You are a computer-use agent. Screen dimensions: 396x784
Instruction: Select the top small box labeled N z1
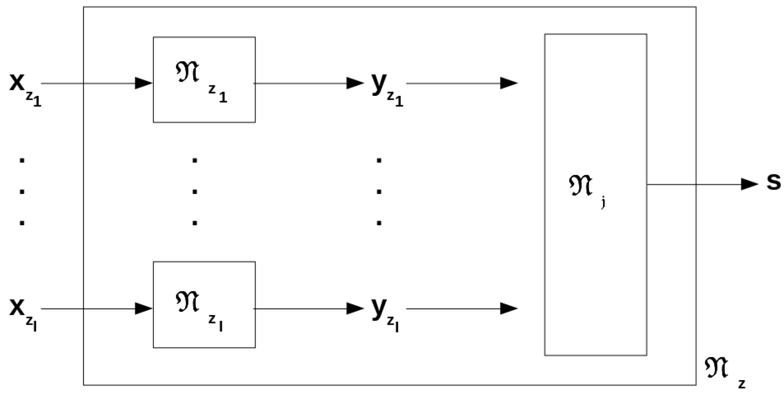point(204,80)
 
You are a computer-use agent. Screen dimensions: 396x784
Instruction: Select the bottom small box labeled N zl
point(204,305)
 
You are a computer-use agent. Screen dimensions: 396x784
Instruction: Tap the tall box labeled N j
point(595,194)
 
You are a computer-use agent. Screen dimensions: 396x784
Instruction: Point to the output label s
point(774,183)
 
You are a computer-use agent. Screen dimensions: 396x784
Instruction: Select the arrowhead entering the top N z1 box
point(144,83)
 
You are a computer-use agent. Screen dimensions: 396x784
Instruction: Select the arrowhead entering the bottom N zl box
point(144,308)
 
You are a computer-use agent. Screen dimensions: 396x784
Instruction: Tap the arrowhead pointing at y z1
point(355,83)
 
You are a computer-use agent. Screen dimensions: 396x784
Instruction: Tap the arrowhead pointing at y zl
point(355,308)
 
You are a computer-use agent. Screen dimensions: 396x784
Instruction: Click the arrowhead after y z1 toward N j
point(509,83)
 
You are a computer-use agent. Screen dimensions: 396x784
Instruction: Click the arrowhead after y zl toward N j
point(509,308)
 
